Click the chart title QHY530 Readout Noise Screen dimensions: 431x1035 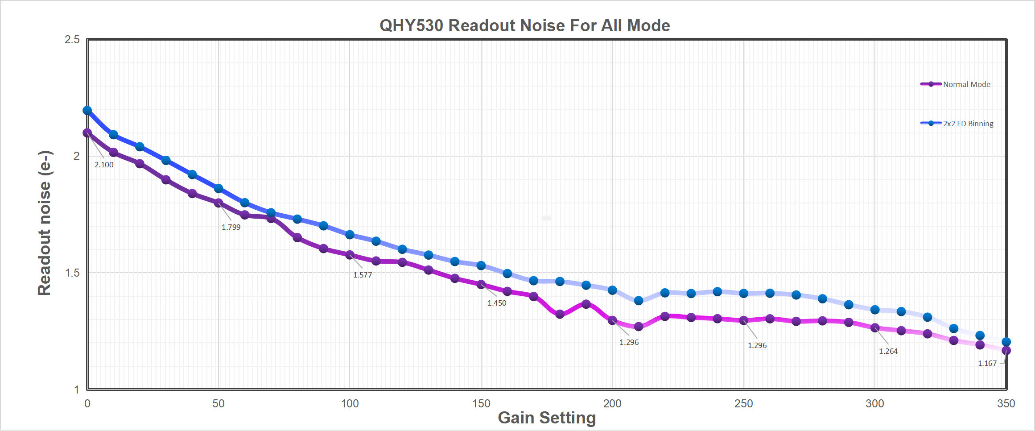(x=524, y=25)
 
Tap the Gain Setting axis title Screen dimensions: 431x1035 (x=547, y=418)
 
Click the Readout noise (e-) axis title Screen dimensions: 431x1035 (x=45, y=223)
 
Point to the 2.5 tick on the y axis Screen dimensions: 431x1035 (x=72, y=40)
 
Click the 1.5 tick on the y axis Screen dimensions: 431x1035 (x=72, y=273)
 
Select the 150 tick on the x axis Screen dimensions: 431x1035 (x=481, y=404)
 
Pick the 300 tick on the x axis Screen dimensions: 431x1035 (x=875, y=404)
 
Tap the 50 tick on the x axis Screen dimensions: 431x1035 (x=219, y=404)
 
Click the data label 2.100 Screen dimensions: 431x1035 (x=104, y=165)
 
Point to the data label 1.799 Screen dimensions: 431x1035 (x=231, y=227)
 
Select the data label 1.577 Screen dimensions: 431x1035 (x=363, y=275)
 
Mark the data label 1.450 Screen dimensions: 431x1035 (x=497, y=303)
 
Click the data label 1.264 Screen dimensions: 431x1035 (x=888, y=351)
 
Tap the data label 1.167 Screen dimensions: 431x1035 (x=987, y=363)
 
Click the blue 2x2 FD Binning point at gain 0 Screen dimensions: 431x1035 (x=87, y=110)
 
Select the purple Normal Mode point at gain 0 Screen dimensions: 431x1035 (x=87, y=133)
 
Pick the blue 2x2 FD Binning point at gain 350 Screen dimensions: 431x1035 (x=1006, y=342)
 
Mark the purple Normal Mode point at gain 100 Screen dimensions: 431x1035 (x=350, y=255)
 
